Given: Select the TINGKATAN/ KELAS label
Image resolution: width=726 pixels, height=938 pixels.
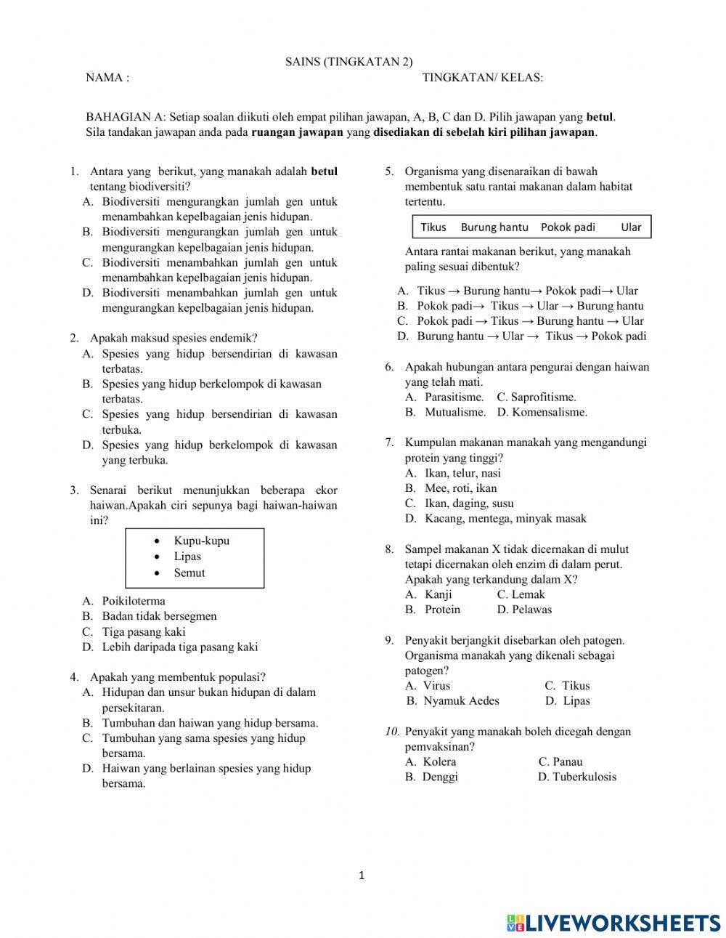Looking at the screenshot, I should (x=482, y=78).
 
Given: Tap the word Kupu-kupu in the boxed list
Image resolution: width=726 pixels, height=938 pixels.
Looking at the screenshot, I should (x=201, y=541).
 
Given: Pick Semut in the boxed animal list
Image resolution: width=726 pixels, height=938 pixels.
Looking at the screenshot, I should (x=189, y=573).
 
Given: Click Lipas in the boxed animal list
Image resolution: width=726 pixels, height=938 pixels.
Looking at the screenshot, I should (x=187, y=557).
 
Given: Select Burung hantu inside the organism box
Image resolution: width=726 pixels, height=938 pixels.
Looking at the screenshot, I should (x=494, y=227).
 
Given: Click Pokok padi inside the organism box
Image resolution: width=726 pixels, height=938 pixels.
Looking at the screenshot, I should (x=568, y=227).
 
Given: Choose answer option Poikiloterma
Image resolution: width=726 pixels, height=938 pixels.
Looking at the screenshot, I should (x=133, y=601).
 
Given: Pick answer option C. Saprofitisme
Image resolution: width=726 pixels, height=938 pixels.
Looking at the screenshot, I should (x=537, y=397).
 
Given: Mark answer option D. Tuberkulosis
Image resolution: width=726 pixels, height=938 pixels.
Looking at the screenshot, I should (x=577, y=777).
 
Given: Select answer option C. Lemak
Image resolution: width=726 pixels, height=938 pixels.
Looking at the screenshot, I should (x=521, y=594).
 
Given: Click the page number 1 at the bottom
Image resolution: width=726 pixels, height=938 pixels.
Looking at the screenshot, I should (x=362, y=876).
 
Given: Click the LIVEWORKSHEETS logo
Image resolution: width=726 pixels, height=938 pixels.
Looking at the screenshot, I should (x=613, y=922).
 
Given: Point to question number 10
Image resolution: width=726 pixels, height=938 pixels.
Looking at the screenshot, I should (x=392, y=732).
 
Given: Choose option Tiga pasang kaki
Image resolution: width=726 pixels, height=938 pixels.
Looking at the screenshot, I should (x=143, y=631).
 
